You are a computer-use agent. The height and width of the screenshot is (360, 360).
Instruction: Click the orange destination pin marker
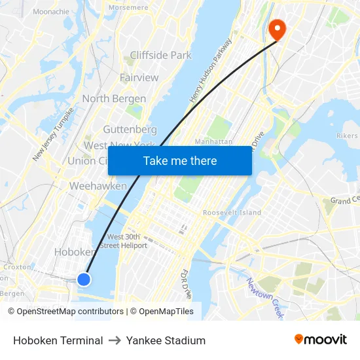(x=277, y=29)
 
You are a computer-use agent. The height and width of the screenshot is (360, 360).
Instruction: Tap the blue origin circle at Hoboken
(x=84, y=279)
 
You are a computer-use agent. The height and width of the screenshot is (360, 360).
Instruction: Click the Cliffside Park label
(x=160, y=56)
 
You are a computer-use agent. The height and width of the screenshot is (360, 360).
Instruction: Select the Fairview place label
(x=139, y=77)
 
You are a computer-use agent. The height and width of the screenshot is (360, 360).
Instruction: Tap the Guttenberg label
(x=130, y=130)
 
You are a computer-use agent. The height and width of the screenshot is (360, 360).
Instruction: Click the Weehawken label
(x=98, y=187)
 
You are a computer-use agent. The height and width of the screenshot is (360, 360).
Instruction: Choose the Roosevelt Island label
(x=232, y=213)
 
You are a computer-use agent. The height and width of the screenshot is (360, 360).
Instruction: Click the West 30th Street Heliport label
(x=127, y=241)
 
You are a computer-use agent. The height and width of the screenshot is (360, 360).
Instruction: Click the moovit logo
(x=320, y=339)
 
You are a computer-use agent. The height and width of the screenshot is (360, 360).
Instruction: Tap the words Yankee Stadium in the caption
(x=166, y=340)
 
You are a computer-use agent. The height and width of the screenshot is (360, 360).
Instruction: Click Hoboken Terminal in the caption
(x=58, y=340)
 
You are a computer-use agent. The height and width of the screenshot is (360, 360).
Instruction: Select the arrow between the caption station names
(x=115, y=340)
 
